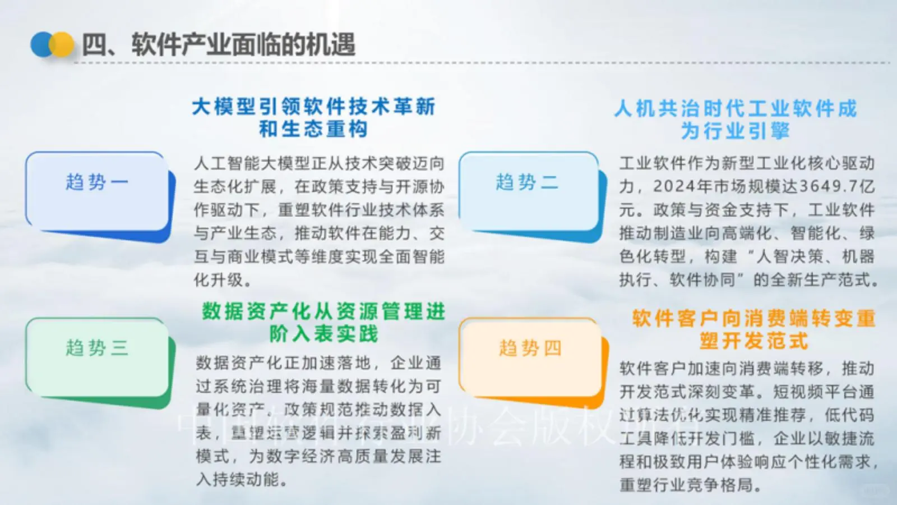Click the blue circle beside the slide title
(41, 45)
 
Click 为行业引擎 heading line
(735, 131)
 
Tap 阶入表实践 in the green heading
(323, 334)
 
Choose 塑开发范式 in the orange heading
(753, 341)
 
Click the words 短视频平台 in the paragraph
(815, 392)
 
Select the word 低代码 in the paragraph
(849, 415)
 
